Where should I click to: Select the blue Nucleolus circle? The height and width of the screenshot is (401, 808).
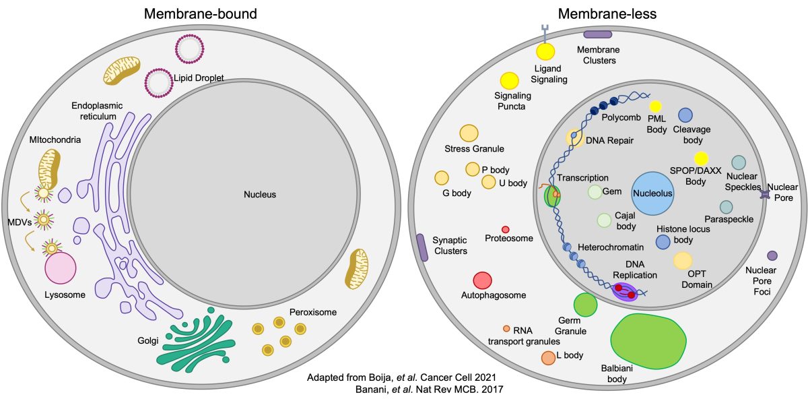653,193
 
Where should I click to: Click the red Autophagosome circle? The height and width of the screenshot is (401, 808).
483,280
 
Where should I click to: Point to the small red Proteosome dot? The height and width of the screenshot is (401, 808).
505,230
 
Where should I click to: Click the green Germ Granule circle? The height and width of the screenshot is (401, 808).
585,305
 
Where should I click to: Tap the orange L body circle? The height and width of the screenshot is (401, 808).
548,358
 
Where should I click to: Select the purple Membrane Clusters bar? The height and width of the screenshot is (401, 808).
598,34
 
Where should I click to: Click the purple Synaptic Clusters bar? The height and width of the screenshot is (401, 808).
422,247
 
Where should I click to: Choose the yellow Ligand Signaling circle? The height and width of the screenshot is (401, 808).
545,52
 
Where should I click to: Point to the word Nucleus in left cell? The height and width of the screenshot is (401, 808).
260,194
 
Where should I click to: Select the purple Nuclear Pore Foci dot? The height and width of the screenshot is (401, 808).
772,255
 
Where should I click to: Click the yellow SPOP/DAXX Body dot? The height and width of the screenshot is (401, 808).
701,158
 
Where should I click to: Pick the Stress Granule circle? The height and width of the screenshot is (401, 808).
469,133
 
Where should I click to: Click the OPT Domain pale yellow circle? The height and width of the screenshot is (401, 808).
683,260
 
